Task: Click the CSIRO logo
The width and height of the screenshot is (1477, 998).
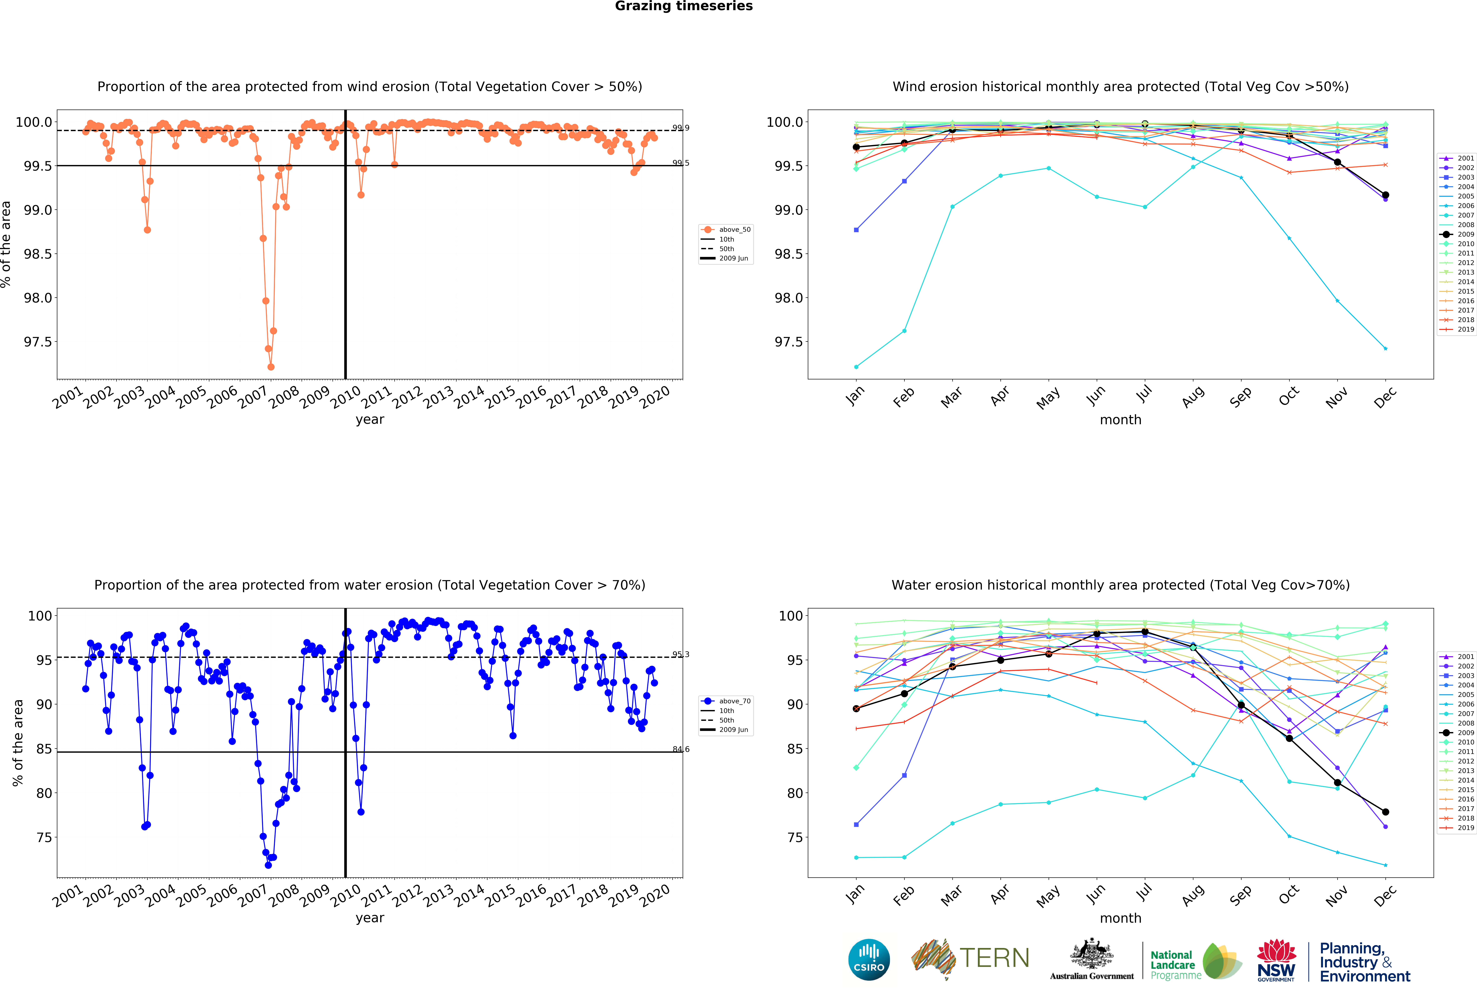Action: click(x=869, y=959)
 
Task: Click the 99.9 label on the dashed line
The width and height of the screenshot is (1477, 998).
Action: click(x=681, y=128)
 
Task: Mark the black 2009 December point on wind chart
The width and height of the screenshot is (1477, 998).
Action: click(x=1385, y=195)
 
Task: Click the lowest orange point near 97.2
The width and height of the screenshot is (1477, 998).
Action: click(x=271, y=367)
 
